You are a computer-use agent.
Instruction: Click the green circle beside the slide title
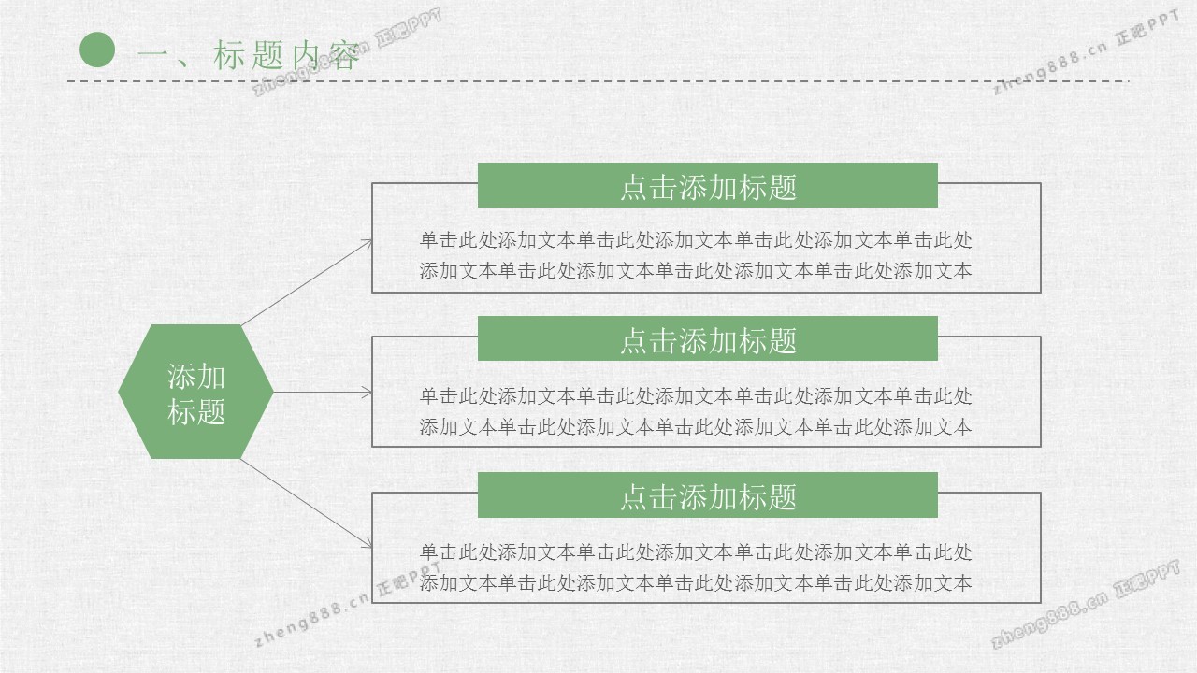point(97,50)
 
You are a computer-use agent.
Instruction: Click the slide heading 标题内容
point(286,55)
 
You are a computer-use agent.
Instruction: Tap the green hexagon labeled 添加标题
point(195,392)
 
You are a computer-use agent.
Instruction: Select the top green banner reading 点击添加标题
point(708,185)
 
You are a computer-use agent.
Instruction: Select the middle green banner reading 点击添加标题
point(708,338)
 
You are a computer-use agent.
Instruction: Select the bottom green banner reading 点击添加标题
point(708,494)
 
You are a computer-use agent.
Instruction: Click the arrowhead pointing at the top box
point(367,245)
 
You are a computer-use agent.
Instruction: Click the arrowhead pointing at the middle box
point(367,392)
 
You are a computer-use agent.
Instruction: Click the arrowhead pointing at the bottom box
point(367,542)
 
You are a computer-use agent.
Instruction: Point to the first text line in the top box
point(696,240)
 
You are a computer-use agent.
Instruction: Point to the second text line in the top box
point(696,271)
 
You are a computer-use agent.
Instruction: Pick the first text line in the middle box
point(696,396)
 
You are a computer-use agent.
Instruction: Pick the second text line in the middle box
point(696,427)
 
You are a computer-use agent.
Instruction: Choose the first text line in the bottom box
point(696,552)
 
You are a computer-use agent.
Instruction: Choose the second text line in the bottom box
point(696,583)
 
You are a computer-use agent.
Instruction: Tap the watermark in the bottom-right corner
point(1086,604)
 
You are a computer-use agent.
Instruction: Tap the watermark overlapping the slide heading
point(347,51)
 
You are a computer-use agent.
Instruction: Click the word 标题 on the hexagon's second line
point(196,412)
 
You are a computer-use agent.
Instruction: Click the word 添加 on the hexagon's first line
point(196,377)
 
